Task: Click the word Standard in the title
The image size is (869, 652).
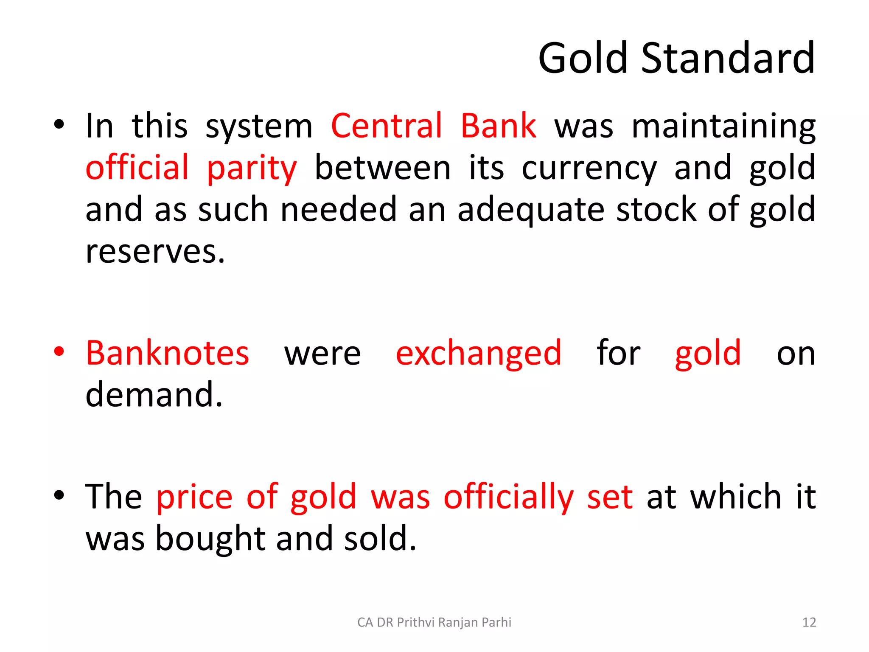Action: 728,59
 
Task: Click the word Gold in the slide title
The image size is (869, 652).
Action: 583,59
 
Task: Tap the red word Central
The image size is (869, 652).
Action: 387,126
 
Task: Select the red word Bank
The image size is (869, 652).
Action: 498,126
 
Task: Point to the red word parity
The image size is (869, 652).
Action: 252,169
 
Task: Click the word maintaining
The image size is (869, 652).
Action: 723,127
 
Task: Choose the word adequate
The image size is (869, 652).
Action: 531,210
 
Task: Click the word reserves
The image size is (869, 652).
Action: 155,251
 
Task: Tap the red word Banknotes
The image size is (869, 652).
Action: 168,353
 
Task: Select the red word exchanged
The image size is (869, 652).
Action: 478,354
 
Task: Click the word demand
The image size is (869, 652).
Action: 154,395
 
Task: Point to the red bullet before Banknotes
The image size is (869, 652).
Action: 59,351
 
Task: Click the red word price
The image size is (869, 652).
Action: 194,497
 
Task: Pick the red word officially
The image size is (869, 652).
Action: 508,497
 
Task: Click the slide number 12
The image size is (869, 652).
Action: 809,622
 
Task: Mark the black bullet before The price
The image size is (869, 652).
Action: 59,495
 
